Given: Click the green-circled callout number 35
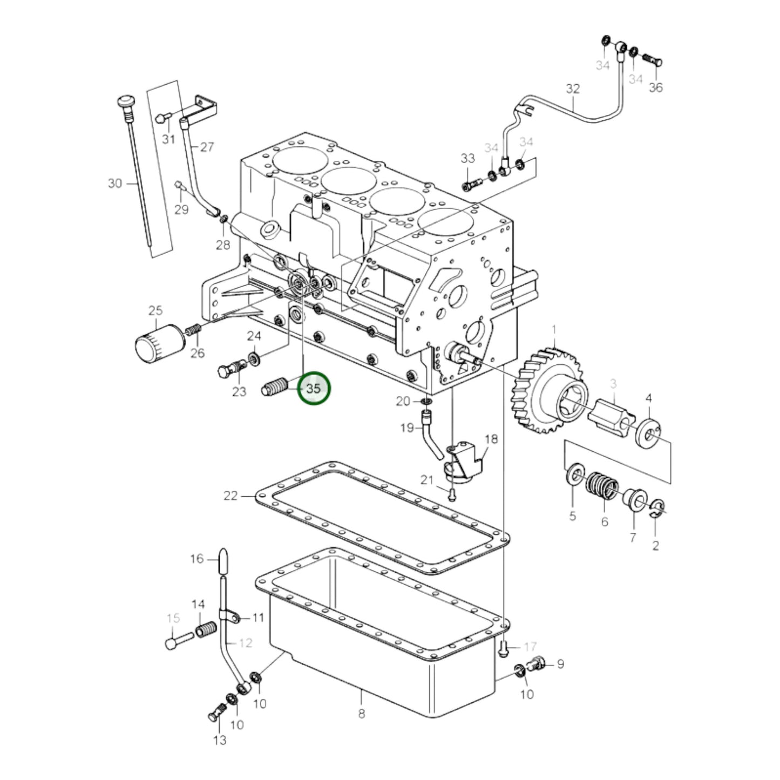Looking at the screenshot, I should click(314, 389).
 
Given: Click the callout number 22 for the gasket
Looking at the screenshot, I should click(230, 495).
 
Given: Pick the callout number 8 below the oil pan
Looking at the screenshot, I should click(361, 713).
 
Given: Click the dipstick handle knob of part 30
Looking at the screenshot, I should click(126, 103).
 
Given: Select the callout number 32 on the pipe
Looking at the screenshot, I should click(573, 88).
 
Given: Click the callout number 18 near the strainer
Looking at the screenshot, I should click(491, 439).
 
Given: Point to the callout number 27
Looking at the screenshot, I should click(207, 147).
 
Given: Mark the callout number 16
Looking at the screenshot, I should click(197, 559).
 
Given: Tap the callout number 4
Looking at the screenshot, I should click(649, 398).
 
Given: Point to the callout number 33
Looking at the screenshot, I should click(467, 158).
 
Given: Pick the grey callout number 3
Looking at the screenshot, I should click(613, 384).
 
